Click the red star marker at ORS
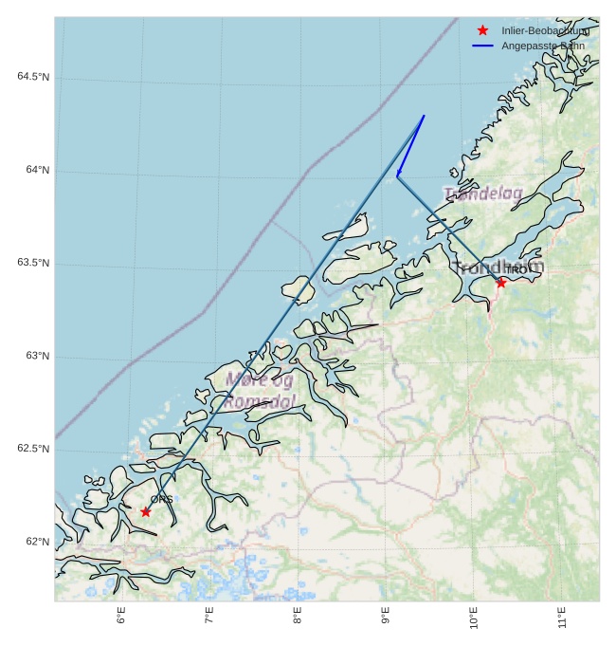click(x=146, y=511)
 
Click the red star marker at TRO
click(x=500, y=282)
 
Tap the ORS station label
click(x=161, y=499)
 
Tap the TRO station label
click(x=515, y=270)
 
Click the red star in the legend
click(x=482, y=31)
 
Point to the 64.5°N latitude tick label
click(x=32, y=77)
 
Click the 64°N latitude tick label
click(x=37, y=170)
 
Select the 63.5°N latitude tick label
click(x=32, y=263)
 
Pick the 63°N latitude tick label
click(x=37, y=356)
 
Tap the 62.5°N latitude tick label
click(x=32, y=449)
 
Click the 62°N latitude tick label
click(x=37, y=542)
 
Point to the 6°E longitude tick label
click(x=121, y=617)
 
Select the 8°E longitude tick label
click(x=298, y=617)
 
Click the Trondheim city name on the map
click(x=497, y=267)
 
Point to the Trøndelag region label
click(x=482, y=194)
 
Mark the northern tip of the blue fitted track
click(x=424, y=116)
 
